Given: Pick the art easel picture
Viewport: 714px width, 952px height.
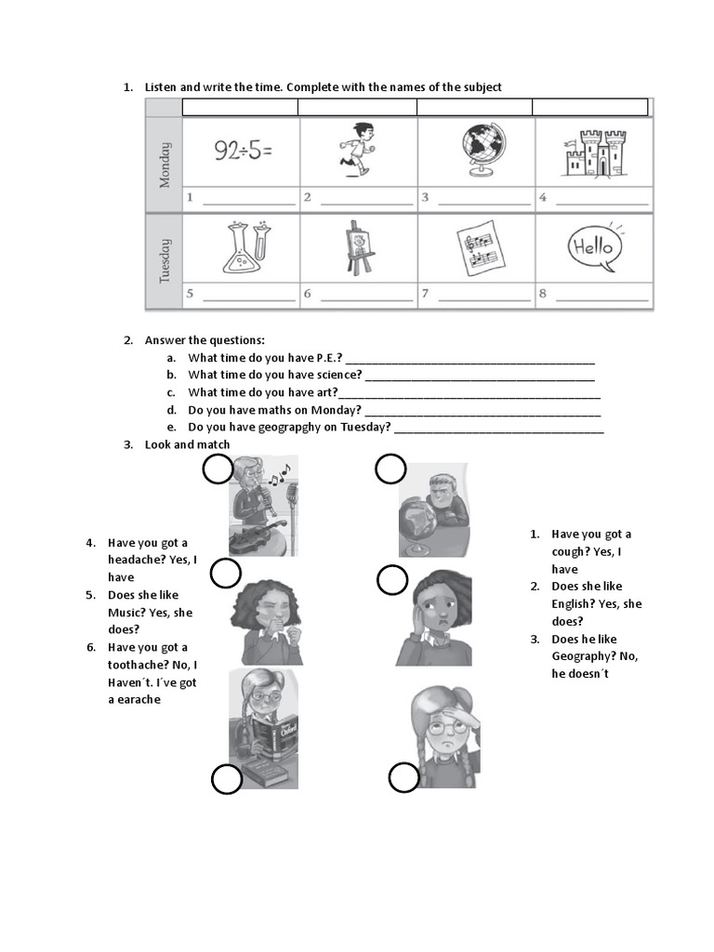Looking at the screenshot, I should (360, 247).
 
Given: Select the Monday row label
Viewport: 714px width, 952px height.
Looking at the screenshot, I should (165, 165).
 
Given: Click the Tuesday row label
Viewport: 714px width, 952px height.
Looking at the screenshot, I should (165, 261).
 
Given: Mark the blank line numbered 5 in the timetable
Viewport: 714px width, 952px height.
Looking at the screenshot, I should (247, 296).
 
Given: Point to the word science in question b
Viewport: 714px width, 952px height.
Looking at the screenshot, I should (339, 375).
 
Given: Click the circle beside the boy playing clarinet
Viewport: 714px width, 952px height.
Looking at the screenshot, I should (218, 470).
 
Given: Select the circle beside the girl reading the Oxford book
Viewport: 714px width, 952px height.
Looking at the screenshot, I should (226, 779).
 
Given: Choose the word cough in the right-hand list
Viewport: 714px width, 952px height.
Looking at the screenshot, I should (569, 551).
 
